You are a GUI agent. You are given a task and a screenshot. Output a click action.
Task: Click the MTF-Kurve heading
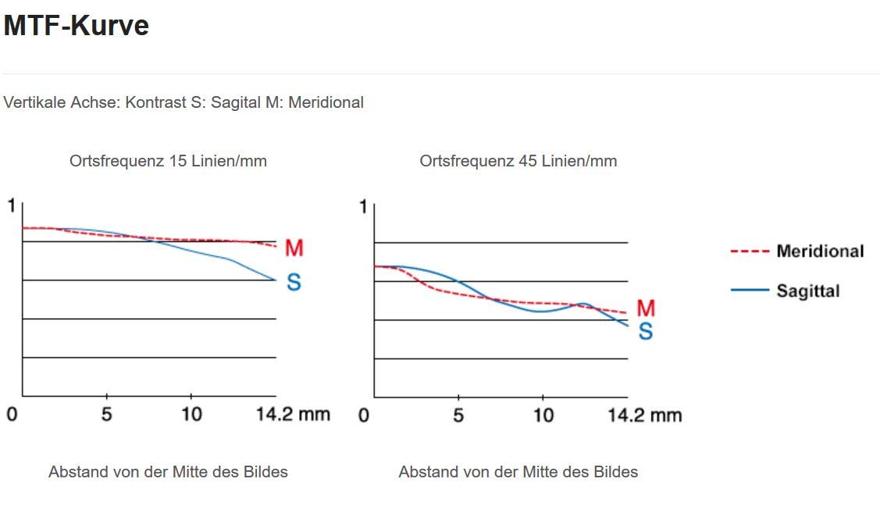click(x=76, y=26)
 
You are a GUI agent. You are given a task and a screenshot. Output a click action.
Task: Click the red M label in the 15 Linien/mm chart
click(x=294, y=248)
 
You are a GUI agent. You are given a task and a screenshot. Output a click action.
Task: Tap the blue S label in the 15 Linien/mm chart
click(x=294, y=282)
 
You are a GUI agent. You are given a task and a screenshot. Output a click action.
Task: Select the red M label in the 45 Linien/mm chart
click(x=646, y=308)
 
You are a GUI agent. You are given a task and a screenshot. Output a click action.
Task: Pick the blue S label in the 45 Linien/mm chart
click(x=646, y=332)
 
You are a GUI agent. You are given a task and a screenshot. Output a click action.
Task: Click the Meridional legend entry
click(x=820, y=251)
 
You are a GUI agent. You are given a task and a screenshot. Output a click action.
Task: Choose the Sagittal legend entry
click(x=807, y=291)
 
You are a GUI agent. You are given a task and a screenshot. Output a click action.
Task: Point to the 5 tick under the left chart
click(x=106, y=414)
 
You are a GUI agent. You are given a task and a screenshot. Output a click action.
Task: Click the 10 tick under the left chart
click(x=191, y=414)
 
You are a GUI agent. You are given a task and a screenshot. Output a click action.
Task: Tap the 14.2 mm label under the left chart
click(x=293, y=414)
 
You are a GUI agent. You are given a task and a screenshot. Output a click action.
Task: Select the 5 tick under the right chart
click(x=458, y=415)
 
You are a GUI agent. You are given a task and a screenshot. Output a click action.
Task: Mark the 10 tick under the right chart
click(x=543, y=415)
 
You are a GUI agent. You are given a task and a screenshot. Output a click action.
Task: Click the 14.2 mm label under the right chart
click(x=645, y=415)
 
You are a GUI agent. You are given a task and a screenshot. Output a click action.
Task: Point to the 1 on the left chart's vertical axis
click(x=11, y=205)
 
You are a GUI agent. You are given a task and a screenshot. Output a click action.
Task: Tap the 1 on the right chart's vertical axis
click(x=363, y=207)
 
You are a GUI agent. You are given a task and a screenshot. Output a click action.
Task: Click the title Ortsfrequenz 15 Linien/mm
click(x=168, y=161)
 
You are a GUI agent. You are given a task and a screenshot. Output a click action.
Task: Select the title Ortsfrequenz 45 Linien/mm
click(x=518, y=161)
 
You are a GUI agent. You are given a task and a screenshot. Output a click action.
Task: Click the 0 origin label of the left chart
click(x=11, y=414)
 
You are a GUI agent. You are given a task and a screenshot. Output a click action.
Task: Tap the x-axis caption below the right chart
click(x=518, y=472)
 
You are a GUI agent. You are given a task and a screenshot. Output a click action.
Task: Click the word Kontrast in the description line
click(x=155, y=102)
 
